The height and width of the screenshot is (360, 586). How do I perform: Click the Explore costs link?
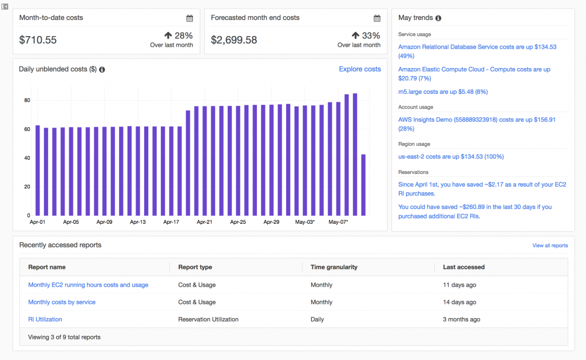[359, 69]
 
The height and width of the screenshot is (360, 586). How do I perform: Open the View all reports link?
[550, 246]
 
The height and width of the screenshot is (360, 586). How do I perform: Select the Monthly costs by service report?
[62, 302]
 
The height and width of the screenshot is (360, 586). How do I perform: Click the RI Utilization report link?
[45, 319]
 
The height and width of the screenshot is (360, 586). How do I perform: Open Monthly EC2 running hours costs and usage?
[88, 285]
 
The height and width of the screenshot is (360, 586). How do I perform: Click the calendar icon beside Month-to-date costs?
[189, 18]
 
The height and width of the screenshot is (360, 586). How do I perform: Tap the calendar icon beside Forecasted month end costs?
[377, 18]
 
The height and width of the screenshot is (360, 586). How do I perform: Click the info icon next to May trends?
[438, 18]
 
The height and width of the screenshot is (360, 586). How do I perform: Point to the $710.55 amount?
[38, 40]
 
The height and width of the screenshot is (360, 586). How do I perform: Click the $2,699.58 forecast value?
[233, 40]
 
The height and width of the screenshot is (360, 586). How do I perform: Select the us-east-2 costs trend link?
[451, 157]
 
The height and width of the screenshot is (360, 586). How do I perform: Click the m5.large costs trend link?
[443, 92]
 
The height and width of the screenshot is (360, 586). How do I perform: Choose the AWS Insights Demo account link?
[477, 120]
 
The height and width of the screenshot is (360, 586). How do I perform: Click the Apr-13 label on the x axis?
[138, 222]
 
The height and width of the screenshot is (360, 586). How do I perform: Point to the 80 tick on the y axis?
[26, 100]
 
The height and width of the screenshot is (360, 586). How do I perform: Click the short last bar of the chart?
[363, 185]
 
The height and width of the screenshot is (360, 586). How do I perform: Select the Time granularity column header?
[334, 267]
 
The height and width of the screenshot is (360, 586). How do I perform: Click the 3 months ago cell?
[461, 319]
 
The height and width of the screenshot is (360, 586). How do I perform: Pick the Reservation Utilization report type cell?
[208, 319]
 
